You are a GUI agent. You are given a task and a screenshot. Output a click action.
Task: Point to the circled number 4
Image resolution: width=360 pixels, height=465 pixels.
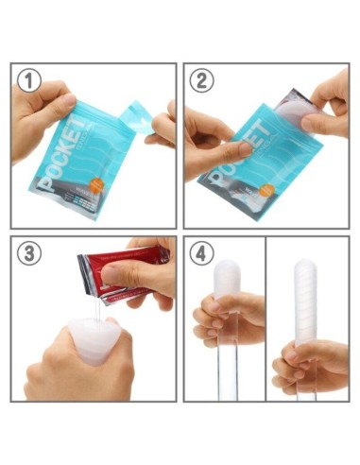[201, 252]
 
